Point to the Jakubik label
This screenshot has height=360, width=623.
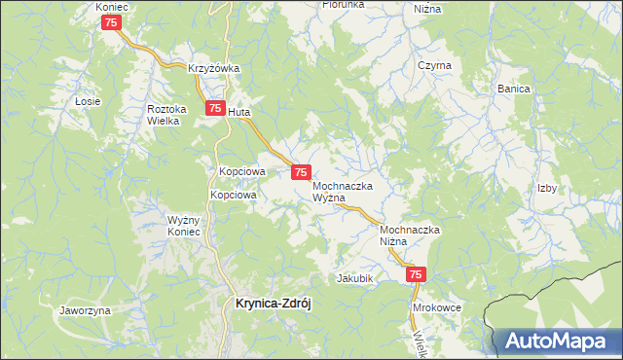355,278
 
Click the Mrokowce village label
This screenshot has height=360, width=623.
436,306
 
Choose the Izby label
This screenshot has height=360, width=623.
547,189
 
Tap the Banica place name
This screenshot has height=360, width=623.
514,89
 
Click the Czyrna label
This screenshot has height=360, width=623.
434,65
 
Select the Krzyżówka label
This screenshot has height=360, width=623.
214,68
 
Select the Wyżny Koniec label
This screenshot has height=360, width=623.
183,226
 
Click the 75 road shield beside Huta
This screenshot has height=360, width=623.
213,110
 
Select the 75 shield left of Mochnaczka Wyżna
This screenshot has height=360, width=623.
302,171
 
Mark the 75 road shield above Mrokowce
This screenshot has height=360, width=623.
417,276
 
